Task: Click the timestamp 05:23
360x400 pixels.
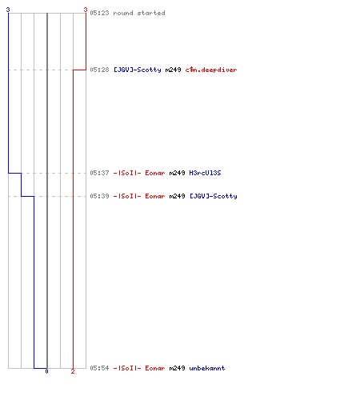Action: (x=99, y=13)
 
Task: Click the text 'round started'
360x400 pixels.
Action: (x=139, y=13)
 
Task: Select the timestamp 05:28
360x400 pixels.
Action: (x=99, y=70)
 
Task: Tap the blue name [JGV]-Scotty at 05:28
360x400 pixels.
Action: (x=138, y=70)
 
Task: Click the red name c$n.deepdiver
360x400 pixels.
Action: (x=211, y=70)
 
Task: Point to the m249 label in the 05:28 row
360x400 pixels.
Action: (x=173, y=70)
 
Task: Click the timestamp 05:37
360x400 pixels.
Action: (x=99, y=173)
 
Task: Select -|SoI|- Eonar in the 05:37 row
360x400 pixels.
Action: (x=139, y=173)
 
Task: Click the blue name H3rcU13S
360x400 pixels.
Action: (x=205, y=173)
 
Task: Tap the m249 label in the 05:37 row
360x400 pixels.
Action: (x=177, y=173)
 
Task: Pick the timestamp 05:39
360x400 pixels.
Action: (x=99, y=196)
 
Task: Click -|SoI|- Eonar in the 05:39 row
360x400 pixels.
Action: (x=139, y=196)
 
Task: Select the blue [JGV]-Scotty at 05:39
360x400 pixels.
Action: (x=214, y=196)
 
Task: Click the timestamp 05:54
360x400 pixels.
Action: (x=99, y=368)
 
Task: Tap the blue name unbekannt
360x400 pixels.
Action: (x=207, y=368)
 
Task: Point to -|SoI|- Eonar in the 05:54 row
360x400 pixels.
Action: (x=139, y=368)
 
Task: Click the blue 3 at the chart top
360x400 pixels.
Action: (x=8, y=10)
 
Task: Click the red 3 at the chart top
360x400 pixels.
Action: (x=86, y=10)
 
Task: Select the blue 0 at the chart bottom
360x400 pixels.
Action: (x=46, y=371)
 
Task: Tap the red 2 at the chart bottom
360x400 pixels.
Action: (x=73, y=371)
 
